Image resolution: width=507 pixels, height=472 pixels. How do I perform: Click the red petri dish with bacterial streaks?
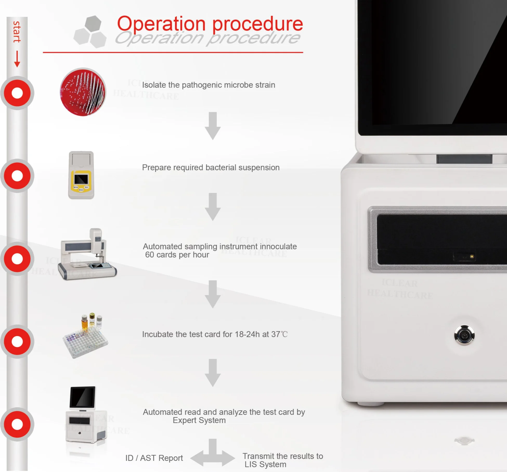pos(83,92)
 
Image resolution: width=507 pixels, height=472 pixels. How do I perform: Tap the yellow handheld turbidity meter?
pos(81,175)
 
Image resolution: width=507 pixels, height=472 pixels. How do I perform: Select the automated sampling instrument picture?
pos(87,254)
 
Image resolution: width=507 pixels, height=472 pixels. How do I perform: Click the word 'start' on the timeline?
pos(17,32)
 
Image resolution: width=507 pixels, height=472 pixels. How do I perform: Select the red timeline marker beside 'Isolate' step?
pos(17,93)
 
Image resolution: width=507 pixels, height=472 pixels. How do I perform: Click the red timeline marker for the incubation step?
pos(17,341)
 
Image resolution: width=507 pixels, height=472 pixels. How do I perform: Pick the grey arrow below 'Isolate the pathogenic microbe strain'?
pos(213,126)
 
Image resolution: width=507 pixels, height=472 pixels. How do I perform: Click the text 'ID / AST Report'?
pos(154,458)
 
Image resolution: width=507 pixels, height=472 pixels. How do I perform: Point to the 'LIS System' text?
pos(265,464)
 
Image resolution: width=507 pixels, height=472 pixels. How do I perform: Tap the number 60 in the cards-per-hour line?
pos(149,255)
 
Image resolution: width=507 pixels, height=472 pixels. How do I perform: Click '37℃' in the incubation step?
pos(279,334)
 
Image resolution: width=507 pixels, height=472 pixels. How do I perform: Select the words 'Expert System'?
pos(199,420)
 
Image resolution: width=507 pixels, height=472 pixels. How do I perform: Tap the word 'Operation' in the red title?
pos(161,24)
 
